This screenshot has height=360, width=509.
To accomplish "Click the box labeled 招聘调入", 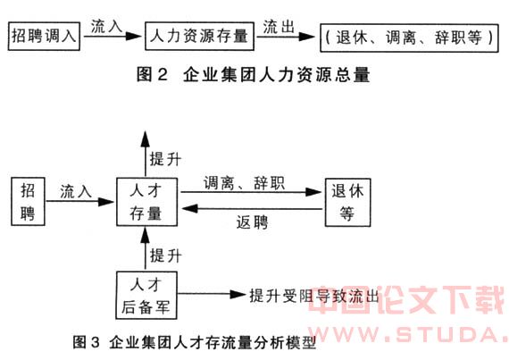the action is click(44, 36).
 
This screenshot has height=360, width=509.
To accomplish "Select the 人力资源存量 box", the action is click(199, 36).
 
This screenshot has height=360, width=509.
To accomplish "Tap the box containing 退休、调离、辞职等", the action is click(409, 38).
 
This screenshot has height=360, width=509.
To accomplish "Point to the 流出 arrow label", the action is click(279, 27).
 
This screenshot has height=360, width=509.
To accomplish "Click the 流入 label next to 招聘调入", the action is click(106, 26).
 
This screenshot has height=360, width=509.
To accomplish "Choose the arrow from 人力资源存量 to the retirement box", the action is click(286, 37).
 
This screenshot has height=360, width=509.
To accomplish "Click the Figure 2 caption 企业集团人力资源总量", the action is click(254, 74).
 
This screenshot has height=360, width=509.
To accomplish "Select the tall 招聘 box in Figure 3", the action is click(28, 201).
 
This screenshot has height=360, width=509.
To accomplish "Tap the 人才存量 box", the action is click(146, 202).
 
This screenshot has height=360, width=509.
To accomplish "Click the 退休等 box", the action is click(347, 202).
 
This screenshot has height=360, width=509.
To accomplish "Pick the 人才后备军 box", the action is click(146, 295).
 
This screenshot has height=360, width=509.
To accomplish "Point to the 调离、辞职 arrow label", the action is click(244, 183).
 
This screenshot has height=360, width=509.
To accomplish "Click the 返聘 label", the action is click(252, 222).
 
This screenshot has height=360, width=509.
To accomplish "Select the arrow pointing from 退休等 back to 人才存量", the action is click(252, 209).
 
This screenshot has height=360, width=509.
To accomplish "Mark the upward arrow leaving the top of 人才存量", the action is click(146, 154).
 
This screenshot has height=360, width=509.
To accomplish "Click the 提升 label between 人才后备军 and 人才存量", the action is click(165, 255).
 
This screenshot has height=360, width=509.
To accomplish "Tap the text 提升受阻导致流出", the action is click(314, 296).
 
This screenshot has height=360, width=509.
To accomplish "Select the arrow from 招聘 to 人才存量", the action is click(79, 202).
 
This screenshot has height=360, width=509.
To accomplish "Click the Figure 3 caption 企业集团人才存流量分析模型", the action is click(194, 342).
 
